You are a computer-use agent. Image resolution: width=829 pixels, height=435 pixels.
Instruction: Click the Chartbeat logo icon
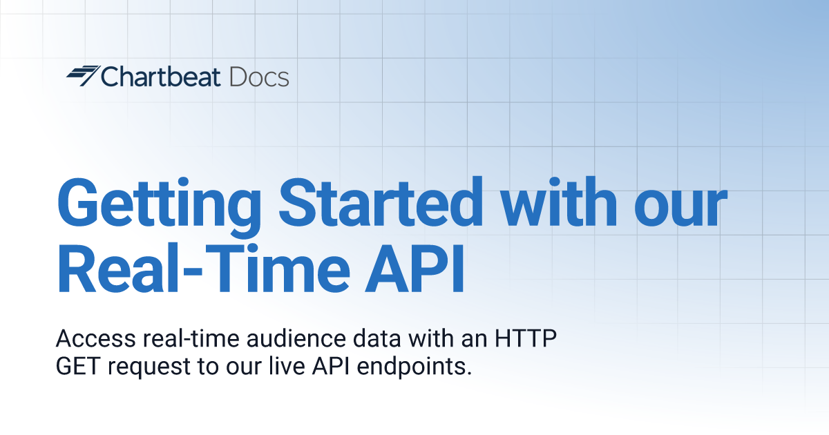83,76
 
